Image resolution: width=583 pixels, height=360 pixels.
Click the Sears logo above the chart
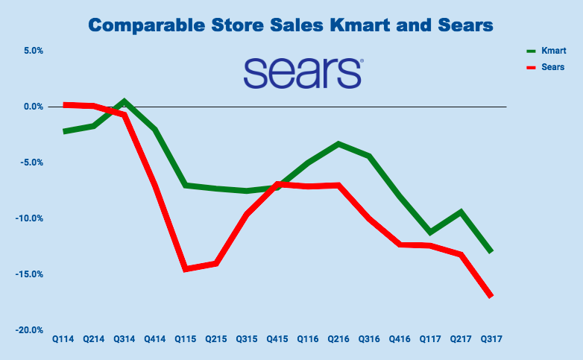click(x=302, y=72)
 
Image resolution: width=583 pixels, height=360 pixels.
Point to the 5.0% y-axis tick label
click(x=32, y=51)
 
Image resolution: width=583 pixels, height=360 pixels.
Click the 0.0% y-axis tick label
click(x=32, y=107)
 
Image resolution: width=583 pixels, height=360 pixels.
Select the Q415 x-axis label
click(x=277, y=339)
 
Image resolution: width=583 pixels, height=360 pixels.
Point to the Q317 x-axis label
click(x=491, y=339)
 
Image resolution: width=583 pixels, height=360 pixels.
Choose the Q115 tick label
click(x=186, y=339)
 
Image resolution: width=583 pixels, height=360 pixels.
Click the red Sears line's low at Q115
click(x=186, y=268)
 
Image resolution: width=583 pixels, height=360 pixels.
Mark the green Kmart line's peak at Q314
click(x=125, y=101)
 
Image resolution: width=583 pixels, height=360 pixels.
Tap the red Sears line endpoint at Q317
click(x=491, y=296)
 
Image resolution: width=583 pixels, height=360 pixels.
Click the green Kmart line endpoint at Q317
click(x=491, y=251)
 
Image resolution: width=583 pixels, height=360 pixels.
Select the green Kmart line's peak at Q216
click(x=339, y=143)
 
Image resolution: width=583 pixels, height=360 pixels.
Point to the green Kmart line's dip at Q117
click(x=430, y=232)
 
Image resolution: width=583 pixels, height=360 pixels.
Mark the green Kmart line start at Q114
click(x=64, y=131)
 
